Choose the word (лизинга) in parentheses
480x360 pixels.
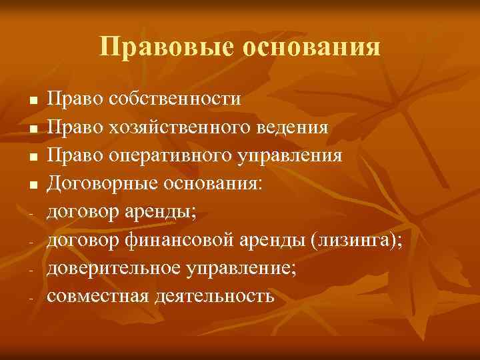pos(355,241)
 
